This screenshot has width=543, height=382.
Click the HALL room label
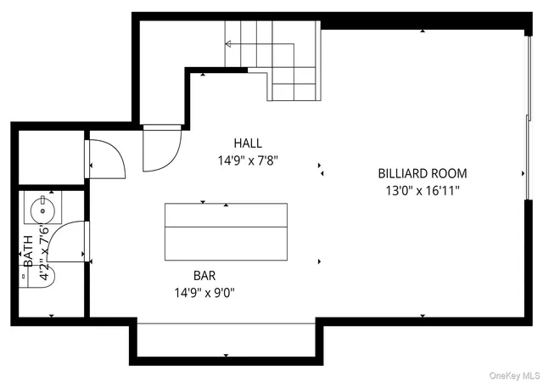tap(248, 143)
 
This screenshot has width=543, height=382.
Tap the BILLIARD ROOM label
tap(423, 173)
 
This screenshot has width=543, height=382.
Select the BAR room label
tap(204, 276)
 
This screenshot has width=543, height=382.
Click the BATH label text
tap(28, 251)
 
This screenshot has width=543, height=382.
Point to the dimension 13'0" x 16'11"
tap(423, 191)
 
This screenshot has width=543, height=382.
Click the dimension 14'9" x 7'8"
tap(248, 160)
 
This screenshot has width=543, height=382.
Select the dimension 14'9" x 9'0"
tap(204, 293)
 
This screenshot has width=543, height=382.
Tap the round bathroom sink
tap(42, 211)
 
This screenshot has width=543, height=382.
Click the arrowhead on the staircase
tap(228, 44)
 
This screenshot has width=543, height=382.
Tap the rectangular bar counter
tap(226, 232)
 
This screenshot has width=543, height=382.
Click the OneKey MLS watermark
tap(515, 375)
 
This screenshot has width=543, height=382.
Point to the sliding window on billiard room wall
tap(529, 118)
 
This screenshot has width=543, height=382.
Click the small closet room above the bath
tap(51, 157)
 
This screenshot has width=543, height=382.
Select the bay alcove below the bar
tap(227, 340)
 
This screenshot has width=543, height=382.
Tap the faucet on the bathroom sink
tap(43, 199)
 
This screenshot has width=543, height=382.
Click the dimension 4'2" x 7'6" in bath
tap(44, 251)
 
